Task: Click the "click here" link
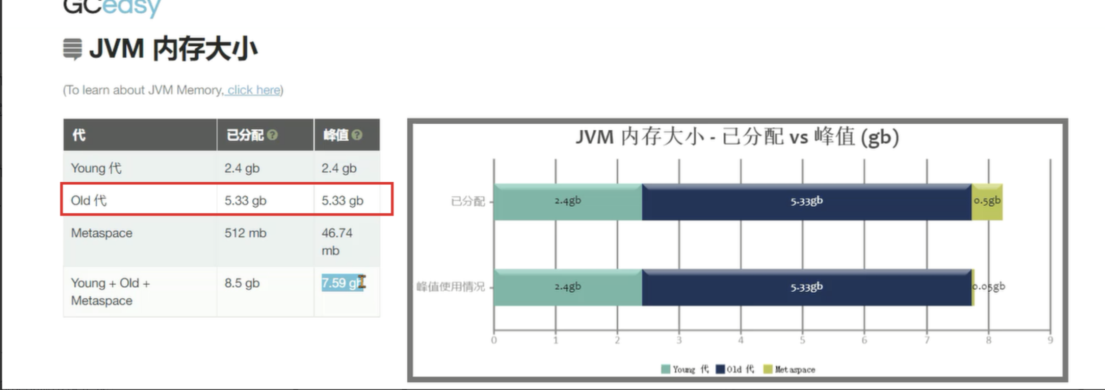[254, 90]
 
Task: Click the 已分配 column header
[245, 135]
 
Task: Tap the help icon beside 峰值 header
[357, 135]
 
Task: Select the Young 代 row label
[96, 168]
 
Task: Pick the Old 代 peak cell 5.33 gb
[342, 201]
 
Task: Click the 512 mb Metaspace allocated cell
[245, 233]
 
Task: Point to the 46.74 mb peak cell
[336, 241]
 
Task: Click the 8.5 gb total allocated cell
[242, 283]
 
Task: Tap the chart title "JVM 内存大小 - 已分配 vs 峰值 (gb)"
[737, 137]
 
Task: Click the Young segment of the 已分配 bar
[567, 202]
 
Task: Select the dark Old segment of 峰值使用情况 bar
[806, 288]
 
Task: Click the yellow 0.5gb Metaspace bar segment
[987, 202]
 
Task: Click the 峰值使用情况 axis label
[451, 287]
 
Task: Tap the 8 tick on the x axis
[988, 340]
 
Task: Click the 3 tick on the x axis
[679, 340]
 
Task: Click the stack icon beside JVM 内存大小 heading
[72, 49]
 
